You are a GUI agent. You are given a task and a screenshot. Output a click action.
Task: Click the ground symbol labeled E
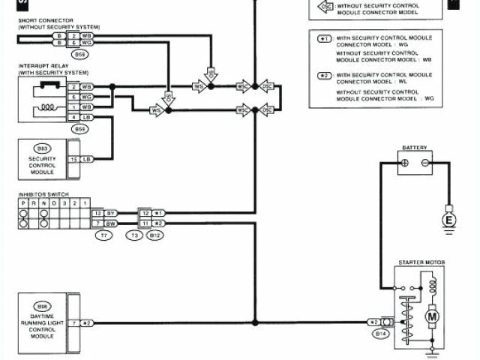[450, 220]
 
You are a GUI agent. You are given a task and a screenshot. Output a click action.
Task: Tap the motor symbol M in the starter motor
[432, 317]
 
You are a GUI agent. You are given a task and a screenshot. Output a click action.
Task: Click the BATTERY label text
[414, 148]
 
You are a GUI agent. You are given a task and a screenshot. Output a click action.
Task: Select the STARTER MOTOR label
[421, 262]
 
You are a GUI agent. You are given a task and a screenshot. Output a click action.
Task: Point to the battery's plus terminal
[403, 163]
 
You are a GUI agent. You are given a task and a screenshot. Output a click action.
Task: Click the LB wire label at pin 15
[88, 159]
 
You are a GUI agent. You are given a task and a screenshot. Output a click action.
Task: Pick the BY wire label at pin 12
[110, 214]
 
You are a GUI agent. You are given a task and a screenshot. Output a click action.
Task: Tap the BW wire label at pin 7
[110, 223]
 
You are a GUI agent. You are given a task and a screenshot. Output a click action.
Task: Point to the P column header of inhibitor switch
[23, 204]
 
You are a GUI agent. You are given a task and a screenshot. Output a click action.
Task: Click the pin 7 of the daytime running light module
[74, 323]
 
